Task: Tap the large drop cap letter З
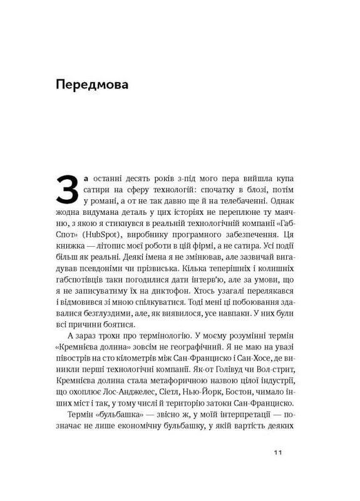pyautogui.click(x=67, y=186)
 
